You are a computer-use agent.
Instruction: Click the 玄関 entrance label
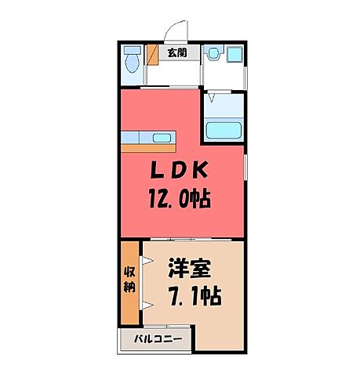(x=177, y=53)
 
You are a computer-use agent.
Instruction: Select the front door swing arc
(x=176, y=30)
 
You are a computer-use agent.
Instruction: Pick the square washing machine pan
(x=233, y=56)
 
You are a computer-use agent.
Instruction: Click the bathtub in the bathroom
(x=223, y=129)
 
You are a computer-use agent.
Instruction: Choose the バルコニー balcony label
(x=158, y=340)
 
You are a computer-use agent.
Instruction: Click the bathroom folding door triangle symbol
(x=210, y=99)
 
